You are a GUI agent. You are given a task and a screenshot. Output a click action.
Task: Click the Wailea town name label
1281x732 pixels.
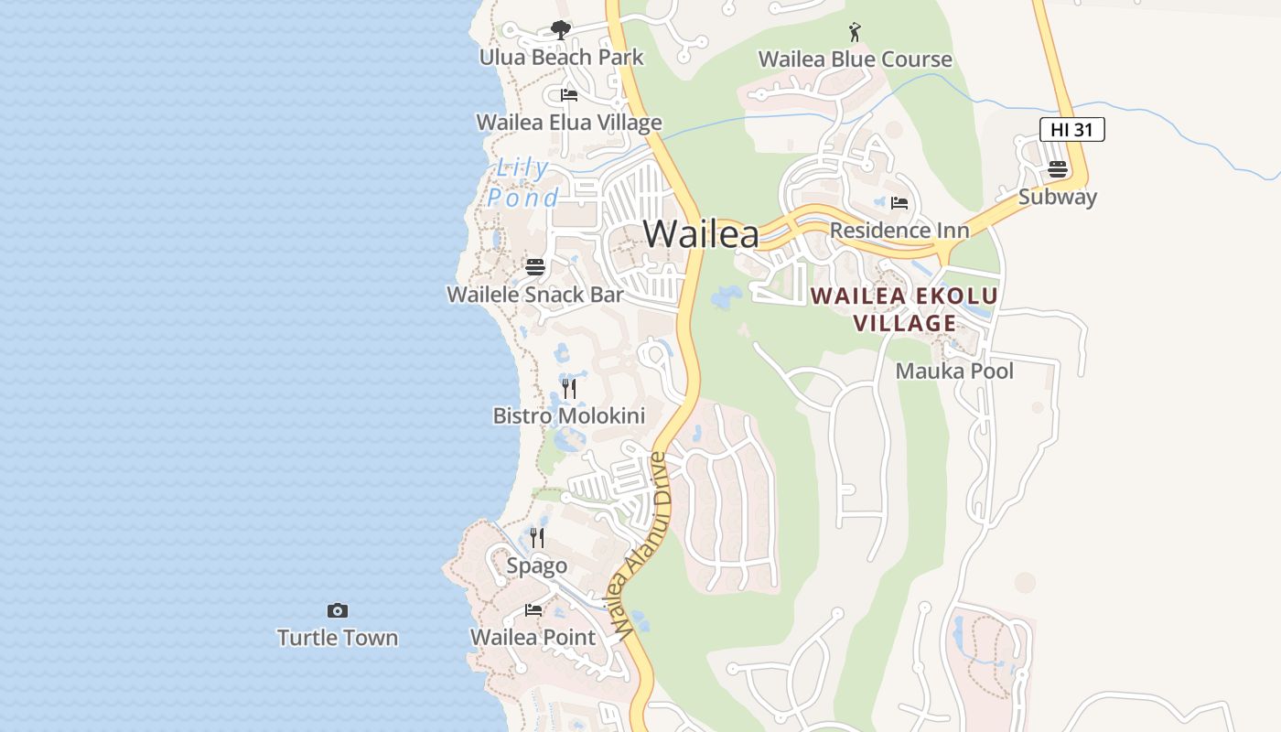click(x=701, y=234)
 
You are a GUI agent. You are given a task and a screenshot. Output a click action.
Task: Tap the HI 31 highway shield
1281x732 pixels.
click(x=1071, y=130)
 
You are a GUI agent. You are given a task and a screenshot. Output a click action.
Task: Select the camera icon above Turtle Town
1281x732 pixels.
click(x=338, y=610)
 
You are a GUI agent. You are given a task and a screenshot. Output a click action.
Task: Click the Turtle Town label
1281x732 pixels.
click(x=338, y=638)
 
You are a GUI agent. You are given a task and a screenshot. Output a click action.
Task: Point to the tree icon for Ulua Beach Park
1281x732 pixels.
click(x=561, y=31)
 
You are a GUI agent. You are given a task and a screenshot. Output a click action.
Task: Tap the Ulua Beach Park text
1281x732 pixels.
click(x=561, y=58)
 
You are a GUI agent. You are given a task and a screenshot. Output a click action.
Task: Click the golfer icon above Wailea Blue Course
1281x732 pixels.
click(x=855, y=33)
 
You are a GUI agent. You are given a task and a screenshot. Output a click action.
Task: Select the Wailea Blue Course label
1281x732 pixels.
click(x=855, y=59)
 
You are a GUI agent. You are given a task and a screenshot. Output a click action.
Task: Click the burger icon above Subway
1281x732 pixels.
click(x=1058, y=169)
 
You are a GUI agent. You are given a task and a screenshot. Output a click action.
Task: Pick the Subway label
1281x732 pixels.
click(x=1058, y=197)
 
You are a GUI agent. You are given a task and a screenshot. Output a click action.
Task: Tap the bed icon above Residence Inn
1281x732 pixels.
click(x=899, y=202)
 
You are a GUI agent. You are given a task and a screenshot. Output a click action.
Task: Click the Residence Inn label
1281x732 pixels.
click(x=899, y=230)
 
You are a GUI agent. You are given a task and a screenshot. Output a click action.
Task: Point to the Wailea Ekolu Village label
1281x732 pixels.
click(x=904, y=309)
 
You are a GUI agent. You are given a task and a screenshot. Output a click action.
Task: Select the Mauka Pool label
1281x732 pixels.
click(x=954, y=371)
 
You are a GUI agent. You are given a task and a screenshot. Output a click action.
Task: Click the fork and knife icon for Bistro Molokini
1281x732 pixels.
click(x=569, y=389)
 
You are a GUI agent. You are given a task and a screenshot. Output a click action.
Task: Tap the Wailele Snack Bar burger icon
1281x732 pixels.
click(x=535, y=267)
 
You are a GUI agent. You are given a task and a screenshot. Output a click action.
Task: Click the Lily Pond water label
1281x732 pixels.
click(x=522, y=183)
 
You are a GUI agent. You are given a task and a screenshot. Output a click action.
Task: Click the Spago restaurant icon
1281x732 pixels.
click(x=537, y=538)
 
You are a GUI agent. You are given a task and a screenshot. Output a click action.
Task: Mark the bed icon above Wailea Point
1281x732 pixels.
click(x=533, y=610)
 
